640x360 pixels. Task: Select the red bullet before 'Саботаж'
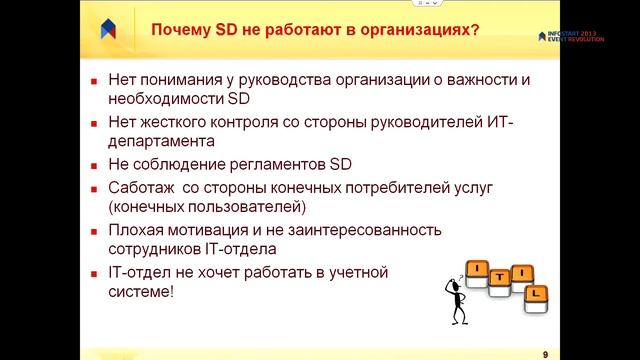pyautogui.click(x=92, y=188)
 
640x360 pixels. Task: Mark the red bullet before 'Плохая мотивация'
pyautogui.click(x=92, y=231)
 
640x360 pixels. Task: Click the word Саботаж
pyautogui.click(x=139, y=187)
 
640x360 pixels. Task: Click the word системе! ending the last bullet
pyautogui.click(x=139, y=292)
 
